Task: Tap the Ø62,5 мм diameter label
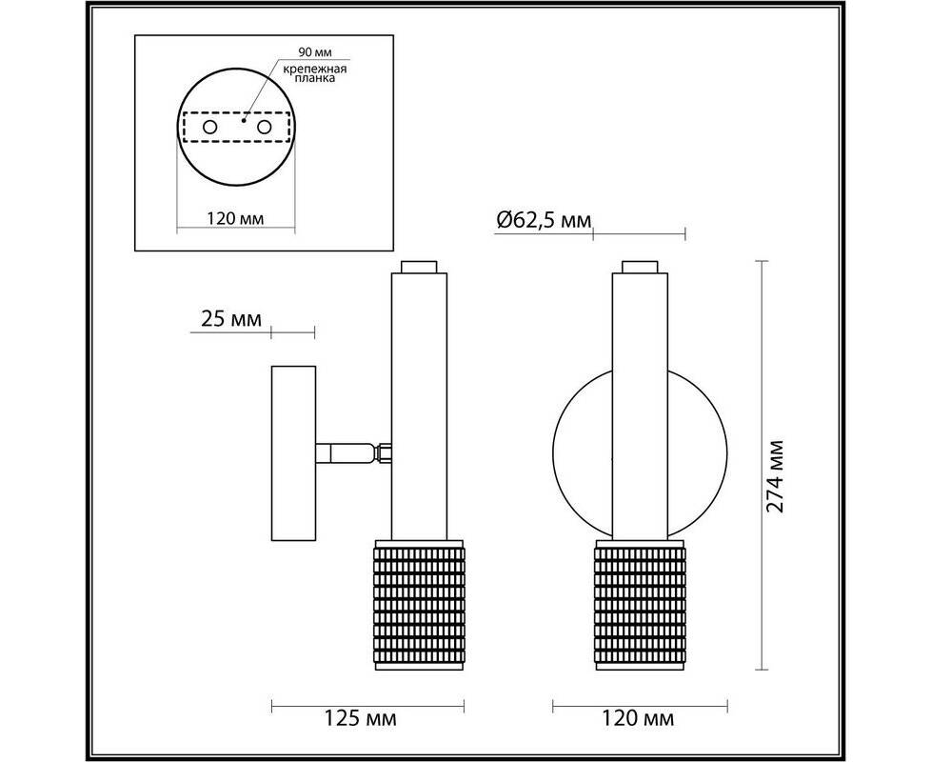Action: pos(544,220)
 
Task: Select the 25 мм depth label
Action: pos(231,319)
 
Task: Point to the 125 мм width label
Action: pos(360,718)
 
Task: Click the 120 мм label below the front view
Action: pos(639,718)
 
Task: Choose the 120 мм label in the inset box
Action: pos(235,218)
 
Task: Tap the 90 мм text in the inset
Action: pos(315,52)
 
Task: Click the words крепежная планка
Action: pos(315,73)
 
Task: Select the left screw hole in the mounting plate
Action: pos(210,127)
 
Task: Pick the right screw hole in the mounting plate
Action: pos(265,127)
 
